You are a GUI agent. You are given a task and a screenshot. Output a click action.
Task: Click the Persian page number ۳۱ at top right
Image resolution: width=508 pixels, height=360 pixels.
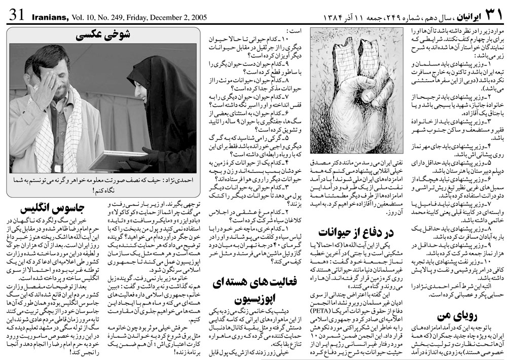(491, 14)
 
